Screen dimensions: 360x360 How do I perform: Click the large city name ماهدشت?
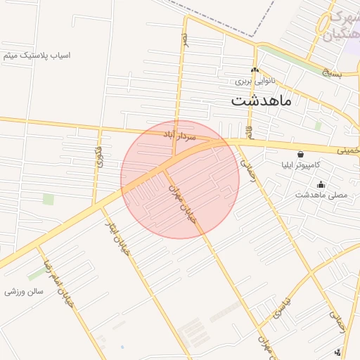(261, 100)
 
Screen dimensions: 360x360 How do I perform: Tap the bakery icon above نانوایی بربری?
(255, 70)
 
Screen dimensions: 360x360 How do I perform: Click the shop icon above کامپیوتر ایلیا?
(301, 153)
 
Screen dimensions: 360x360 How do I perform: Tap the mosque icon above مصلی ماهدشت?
(321, 184)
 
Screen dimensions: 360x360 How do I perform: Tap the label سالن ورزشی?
(25, 291)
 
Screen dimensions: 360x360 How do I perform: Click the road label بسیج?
(331, 73)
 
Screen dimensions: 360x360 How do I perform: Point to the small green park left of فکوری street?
(49, 199)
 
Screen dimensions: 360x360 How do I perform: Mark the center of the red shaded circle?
(180, 179)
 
